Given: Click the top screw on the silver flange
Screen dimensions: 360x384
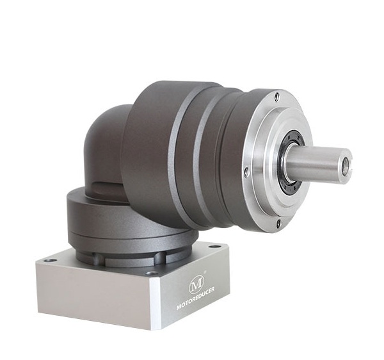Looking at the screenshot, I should coord(276,97).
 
